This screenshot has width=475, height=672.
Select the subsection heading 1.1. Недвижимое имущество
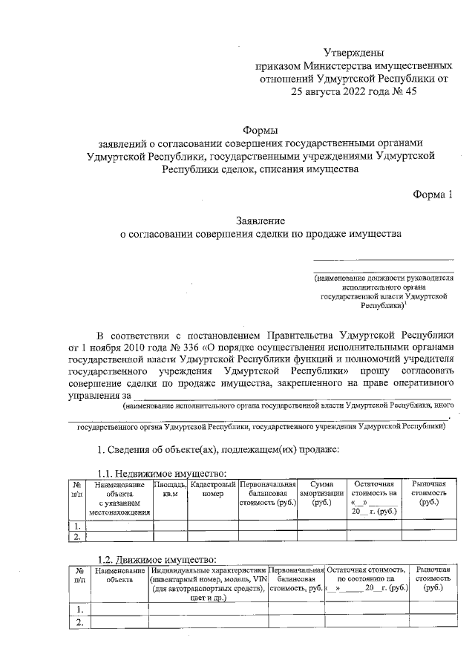coord(163,474)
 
